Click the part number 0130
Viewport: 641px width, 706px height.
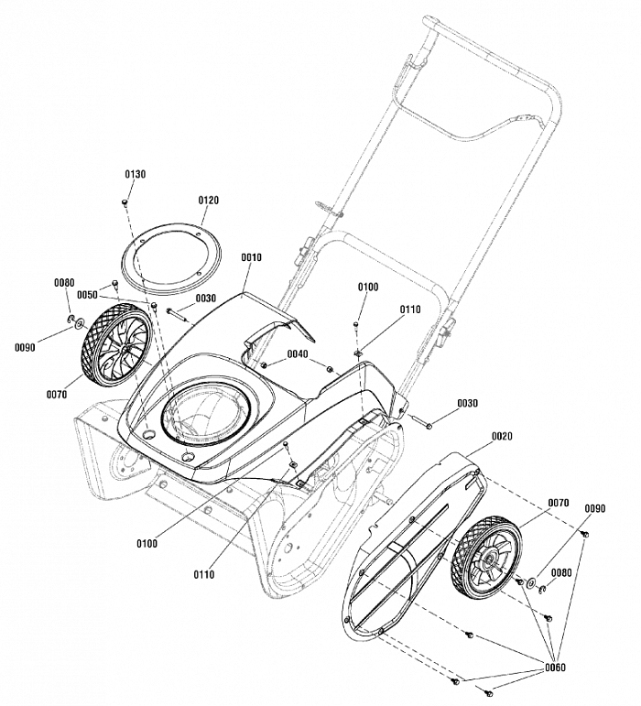[x=135, y=174]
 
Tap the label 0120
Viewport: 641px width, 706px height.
[x=209, y=200]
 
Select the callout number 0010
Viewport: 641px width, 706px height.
[x=252, y=257]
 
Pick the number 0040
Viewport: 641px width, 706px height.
[x=298, y=353]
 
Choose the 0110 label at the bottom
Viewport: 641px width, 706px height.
[x=204, y=574]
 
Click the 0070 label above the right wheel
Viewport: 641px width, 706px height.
[x=558, y=503]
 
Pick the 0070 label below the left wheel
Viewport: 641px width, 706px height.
[x=57, y=394]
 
